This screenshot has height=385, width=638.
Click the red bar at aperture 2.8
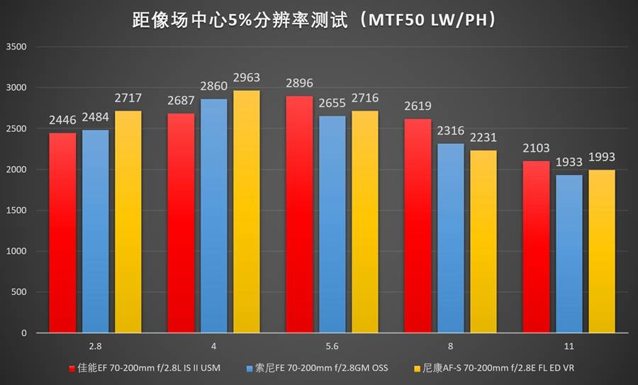(x=62, y=234)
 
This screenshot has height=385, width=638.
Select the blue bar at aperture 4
(x=213, y=216)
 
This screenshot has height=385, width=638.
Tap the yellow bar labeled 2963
(x=246, y=213)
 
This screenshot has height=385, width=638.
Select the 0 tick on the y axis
(x=23, y=333)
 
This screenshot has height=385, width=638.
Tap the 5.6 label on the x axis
(x=332, y=347)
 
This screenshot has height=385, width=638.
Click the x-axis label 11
(x=569, y=347)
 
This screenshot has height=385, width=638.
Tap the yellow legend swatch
(x=415, y=369)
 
